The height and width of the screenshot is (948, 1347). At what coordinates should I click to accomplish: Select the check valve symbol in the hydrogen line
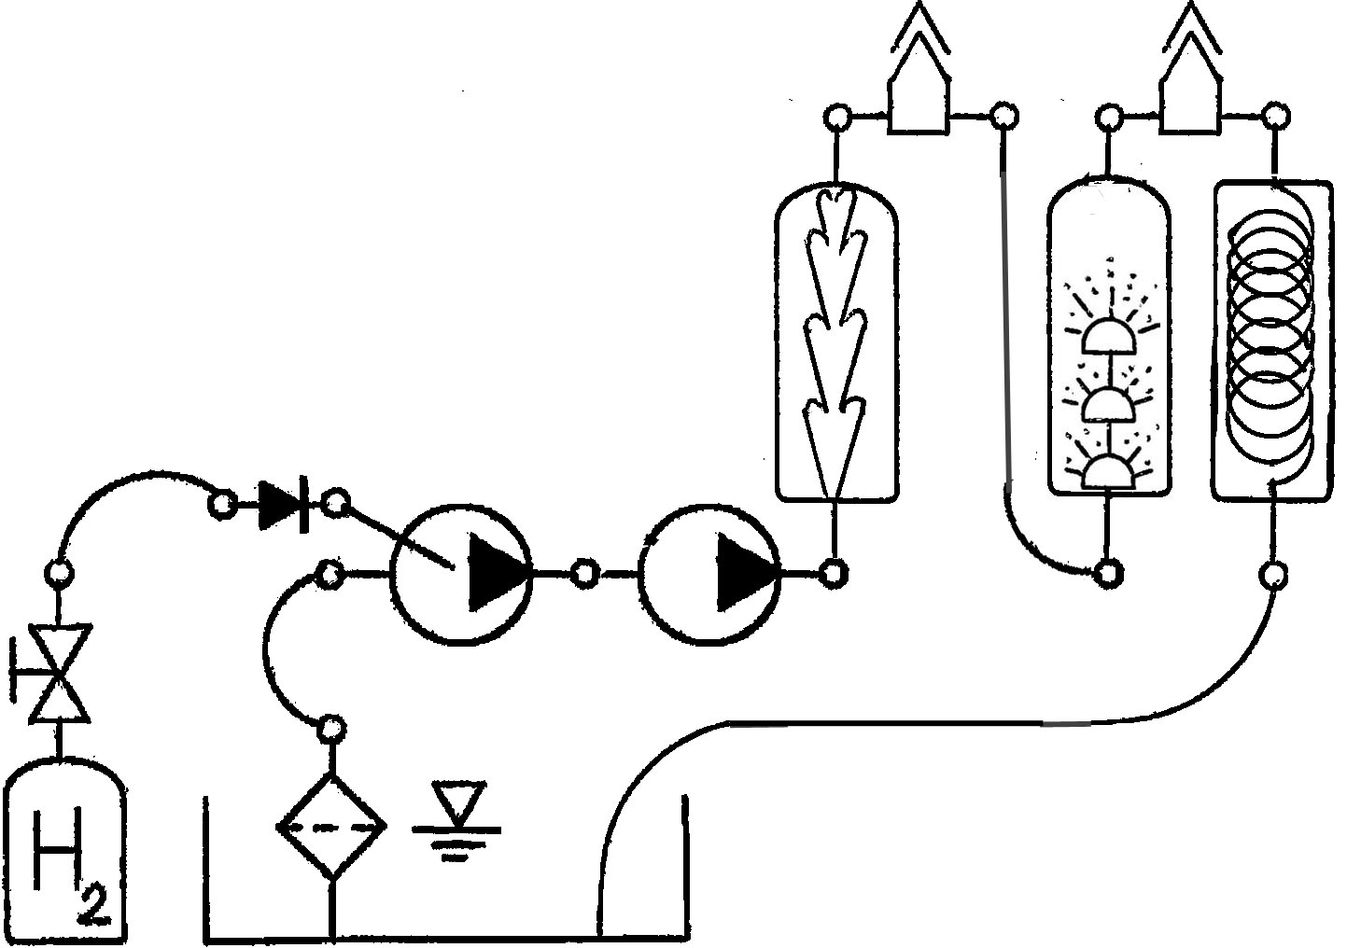tap(284, 505)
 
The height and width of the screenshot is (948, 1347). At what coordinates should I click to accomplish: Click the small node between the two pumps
tap(584, 573)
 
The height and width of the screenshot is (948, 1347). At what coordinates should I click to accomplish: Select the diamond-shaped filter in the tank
tap(331, 828)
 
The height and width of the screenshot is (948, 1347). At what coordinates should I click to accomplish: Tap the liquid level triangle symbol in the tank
tap(459, 802)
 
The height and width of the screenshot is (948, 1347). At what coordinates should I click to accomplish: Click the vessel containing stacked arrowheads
tap(837, 342)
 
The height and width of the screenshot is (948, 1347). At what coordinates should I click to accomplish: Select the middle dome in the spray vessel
tap(1109, 404)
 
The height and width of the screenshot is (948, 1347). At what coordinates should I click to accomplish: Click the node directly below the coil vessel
tap(1273, 577)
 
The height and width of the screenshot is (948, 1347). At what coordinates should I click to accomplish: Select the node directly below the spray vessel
tap(1108, 572)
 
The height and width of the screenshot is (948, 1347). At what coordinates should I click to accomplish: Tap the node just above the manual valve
tap(60, 572)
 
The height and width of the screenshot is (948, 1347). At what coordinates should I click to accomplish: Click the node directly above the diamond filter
tap(330, 729)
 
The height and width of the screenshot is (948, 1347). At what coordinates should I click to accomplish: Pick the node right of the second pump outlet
tap(835, 573)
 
